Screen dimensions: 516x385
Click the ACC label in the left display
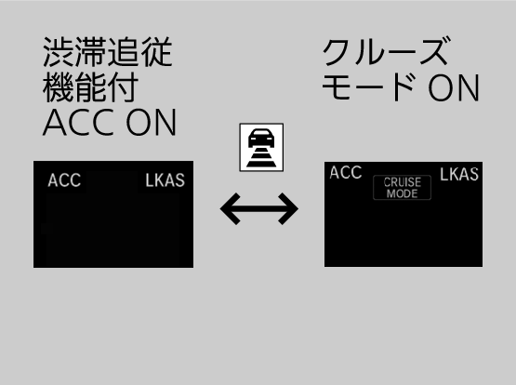point(64,180)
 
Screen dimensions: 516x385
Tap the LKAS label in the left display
point(165,180)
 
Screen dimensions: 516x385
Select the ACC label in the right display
point(346,172)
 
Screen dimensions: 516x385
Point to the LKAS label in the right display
point(459,174)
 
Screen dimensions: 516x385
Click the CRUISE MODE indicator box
point(403,188)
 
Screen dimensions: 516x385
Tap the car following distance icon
point(261,148)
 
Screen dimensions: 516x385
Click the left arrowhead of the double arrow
point(230,209)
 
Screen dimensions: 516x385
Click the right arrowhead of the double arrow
point(288,209)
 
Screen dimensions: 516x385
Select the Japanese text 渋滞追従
point(108,52)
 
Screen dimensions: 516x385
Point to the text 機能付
point(90,87)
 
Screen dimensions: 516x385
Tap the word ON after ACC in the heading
point(152,123)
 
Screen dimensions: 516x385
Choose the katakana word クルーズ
point(386,52)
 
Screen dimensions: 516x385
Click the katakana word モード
point(368,87)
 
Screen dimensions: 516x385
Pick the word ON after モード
point(454,87)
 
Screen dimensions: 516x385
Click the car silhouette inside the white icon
point(261,139)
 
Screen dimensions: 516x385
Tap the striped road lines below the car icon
point(261,158)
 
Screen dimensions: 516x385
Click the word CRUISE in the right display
point(403,182)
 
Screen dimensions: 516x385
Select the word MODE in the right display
point(403,193)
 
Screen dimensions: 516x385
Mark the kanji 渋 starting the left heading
point(58,52)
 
